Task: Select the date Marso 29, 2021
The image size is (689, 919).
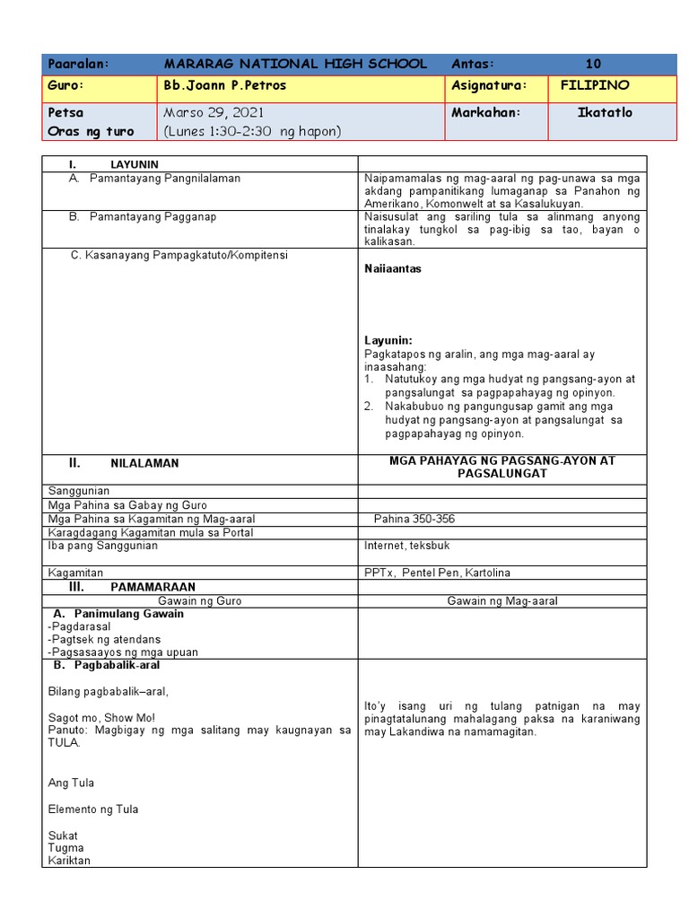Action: (214, 112)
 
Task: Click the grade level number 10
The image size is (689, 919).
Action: (593, 64)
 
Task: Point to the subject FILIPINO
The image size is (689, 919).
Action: (594, 85)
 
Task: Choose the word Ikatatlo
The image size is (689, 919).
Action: (605, 112)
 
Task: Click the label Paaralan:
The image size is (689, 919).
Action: (78, 64)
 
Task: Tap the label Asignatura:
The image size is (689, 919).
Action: (489, 85)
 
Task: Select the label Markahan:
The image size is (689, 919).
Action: (485, 112)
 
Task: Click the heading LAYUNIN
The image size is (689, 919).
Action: (134, 165)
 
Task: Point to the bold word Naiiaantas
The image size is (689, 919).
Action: (393, 268)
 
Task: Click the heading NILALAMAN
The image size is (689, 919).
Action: (144, 463)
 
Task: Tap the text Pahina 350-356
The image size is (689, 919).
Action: (415, 519)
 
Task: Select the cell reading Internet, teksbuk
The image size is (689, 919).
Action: (407, 546)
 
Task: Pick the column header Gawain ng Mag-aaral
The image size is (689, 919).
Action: (502, 600)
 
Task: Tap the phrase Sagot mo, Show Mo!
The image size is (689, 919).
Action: (101, 717)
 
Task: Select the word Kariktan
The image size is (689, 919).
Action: (69, 861)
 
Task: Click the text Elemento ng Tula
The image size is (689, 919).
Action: (93, 809)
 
